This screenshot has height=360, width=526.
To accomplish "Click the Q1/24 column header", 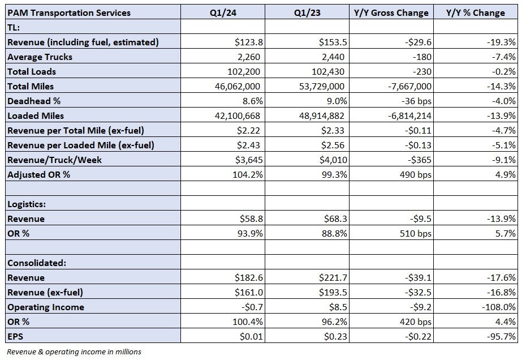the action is pyautogui.click(x=223, y=13).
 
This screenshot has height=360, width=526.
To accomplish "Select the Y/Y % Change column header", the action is pyautogui.click(x=475, y=13).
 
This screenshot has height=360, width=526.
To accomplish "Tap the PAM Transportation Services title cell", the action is pyautogui.click(x=69, y=13).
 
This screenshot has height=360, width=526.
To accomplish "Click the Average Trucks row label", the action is pyautogui.click(x=40, y=57).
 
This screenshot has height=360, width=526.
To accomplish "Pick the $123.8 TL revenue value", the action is pyautogui.click(x=248, y=42).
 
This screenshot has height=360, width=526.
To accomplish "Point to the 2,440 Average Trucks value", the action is pyautogui.click(x=333, y=57).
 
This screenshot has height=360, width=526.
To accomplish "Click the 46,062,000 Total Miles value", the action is pyautogui.click(x=238, y=86).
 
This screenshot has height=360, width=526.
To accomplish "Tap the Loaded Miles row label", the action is pyautogui.click(x=36, y=116).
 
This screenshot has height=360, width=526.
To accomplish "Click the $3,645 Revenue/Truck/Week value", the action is pyautogui.click(x=248, y=160).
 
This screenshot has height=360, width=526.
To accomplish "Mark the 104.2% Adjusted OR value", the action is pyautogui.click(x=248, y=175).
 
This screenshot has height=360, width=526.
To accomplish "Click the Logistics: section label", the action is pyautogui.click(x=27, y=204).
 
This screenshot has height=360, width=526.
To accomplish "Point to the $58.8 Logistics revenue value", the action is pyautogui.click(x=251, y=219).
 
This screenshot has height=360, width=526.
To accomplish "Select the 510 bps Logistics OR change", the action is pyautogui.click(x=415, y=233).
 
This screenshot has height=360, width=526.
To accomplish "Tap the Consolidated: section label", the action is pyautogui.click(x=37, y=263).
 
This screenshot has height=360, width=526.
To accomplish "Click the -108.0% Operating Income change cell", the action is pyautogui.click(x=498, y=307).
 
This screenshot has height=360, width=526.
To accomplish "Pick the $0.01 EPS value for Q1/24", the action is pyautogui.click(x=251, y=336).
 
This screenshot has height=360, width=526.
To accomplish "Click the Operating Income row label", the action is pyautogui.click(x=46, y=307).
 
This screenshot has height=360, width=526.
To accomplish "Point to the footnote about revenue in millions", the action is pyautogui.click(x=74, y=352).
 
